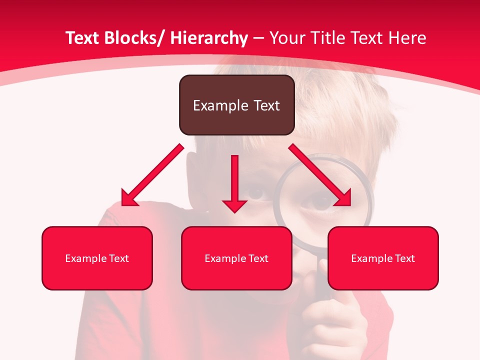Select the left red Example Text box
pos(97,258)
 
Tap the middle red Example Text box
pos(236,258)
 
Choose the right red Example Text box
pos(383,258)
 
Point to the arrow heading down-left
pos(152,175)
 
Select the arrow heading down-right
pos(320,175)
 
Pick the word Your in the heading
pos(285,38)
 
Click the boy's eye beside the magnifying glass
pos(256,193)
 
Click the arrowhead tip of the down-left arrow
pos(123,204)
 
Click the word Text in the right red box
pos(405,258)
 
